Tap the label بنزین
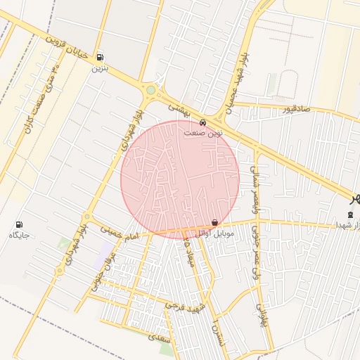tap(99, 69)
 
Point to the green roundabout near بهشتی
tap(150, 90)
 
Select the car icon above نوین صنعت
tap(203, 120)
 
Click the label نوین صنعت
tap(203, 131)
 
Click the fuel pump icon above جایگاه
tap(18, 224)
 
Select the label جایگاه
tap(18, 235)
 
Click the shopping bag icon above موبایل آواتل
tap(214, 221)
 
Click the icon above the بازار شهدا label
tap(351, 214)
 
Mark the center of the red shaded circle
tap(180, 179)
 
